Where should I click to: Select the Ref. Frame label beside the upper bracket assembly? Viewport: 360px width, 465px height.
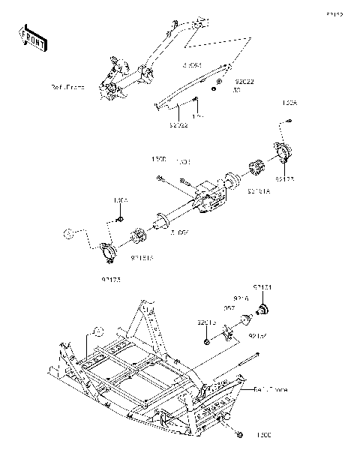click(89, 88)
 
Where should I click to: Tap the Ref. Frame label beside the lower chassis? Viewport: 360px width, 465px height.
click(270, 390)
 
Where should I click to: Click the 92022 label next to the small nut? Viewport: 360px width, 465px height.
click(244, 82)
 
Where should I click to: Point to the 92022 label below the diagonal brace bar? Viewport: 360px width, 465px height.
click(178, 125)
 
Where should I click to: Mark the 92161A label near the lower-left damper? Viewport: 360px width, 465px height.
click(142, 257)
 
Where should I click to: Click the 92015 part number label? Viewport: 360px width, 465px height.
click(207, 322)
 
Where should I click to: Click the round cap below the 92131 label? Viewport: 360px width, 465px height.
click(264, 309)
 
